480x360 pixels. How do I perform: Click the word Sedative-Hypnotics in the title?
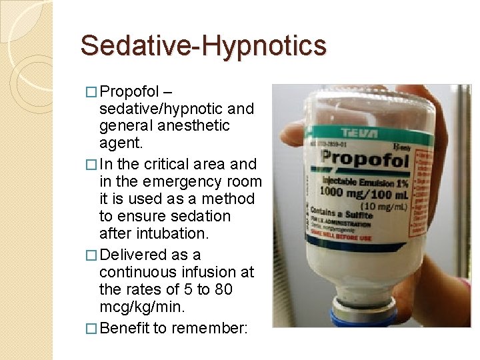point(203,45)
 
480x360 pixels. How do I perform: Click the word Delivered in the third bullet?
point(140,255)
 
